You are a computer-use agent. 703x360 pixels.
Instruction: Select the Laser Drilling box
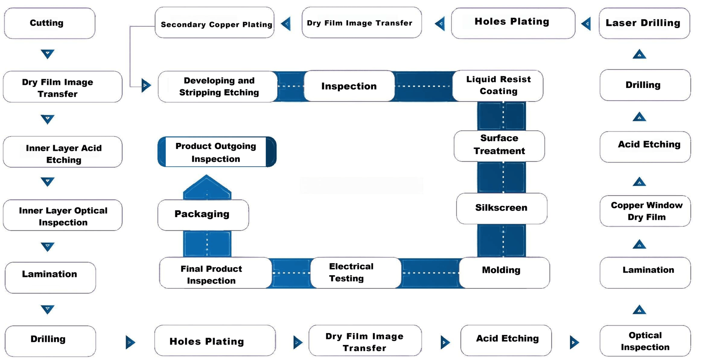(644, 23)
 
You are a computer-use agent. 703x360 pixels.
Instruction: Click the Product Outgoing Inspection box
(216, 152)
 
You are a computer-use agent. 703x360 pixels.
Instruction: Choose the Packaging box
(203, 215)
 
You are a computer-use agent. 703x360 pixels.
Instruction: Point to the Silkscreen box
(501, 208)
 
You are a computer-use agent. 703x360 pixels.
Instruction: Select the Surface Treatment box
(499, 145)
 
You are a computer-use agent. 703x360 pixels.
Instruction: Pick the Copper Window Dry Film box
(645, 211)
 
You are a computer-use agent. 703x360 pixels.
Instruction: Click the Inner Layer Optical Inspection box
(62, 216)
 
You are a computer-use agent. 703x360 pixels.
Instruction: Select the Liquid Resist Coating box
(498, 85)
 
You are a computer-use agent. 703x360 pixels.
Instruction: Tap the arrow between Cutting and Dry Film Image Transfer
(47, 54)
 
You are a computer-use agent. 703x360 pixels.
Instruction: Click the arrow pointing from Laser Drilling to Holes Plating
(586, 23)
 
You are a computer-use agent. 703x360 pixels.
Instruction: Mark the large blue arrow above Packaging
(207, 186)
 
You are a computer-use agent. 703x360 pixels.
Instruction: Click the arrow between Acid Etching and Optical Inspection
(574, 342)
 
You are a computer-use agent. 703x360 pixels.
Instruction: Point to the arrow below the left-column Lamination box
(47, 309)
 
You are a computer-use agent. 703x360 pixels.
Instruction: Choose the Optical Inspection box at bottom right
(645, 341)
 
